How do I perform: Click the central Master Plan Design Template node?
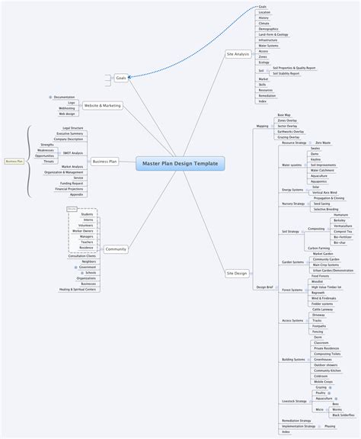(x=180, y=163)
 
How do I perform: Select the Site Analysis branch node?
(x=237, y=54)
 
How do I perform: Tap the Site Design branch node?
(x=237, y=272)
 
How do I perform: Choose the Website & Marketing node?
(x=101, y=105)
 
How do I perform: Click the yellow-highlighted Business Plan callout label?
(x=14, y=161)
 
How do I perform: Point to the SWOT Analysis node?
(x=72, y=153)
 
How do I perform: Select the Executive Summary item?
(x=69, y=133)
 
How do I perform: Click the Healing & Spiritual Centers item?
(x=78, y=290)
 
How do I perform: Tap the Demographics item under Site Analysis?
(x=269, y=27)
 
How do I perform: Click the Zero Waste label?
(x=323, y=143)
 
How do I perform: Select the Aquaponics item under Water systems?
(x=318, y=181)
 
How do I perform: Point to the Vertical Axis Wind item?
(x=324, y=193)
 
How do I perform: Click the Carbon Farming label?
(x=318, y=248)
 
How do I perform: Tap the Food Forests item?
(x=320, y=276)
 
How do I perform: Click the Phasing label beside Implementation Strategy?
(x=330, y=426)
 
